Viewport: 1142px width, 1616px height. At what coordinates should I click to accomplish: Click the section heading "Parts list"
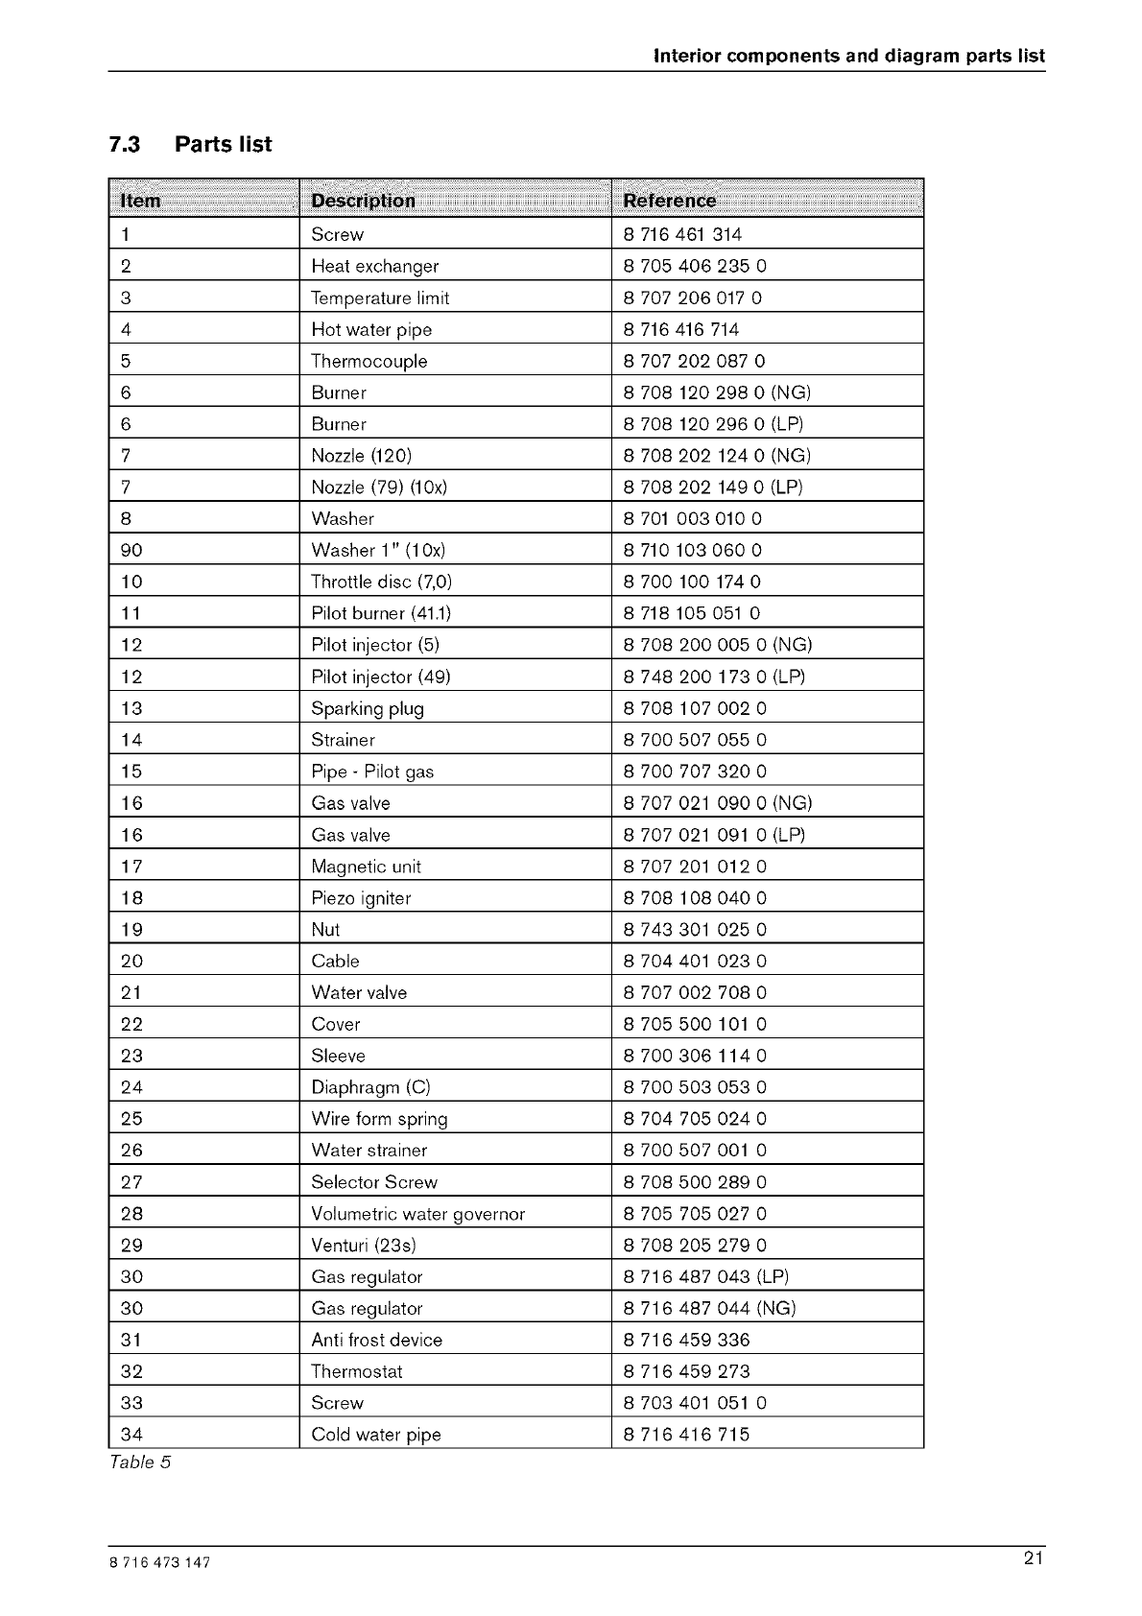click(x=223, y=145)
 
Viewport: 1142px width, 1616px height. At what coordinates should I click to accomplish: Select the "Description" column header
click(x=363, y=201)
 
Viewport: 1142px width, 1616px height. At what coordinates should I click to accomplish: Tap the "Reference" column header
click(x=669, y=201)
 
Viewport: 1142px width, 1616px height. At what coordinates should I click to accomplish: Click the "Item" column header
click(x=141, y=201)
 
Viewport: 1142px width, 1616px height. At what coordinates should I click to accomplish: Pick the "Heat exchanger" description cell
click(x=374, y=266)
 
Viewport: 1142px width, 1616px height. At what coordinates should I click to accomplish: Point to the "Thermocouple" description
click(x=369, y=361)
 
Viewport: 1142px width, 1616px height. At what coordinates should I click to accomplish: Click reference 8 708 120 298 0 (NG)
click(x=717, y=392)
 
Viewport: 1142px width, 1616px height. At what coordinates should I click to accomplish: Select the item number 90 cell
click(x=131, y=550)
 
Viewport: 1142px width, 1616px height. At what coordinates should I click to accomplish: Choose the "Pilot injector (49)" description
click(x=381, y=677)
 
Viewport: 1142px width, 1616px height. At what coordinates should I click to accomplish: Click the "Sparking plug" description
click(x=368, y=708)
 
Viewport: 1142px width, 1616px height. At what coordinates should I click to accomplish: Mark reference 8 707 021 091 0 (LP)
click(x=714, y=835)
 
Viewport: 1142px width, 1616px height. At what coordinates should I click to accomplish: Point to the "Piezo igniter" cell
click(x=361, y=898)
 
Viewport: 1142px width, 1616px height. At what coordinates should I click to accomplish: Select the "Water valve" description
click(x=359, y=992)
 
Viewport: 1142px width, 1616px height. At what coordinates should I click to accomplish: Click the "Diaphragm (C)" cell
click(x=370, y=1087)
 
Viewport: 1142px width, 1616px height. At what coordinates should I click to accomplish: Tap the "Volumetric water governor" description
click(x=417, y=1214)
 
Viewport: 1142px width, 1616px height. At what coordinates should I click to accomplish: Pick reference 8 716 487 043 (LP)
click(x=705, y=1276)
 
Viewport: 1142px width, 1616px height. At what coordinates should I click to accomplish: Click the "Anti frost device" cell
click(x=376, y=1340)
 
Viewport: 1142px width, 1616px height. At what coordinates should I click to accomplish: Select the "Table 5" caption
click(x=139, y=1462)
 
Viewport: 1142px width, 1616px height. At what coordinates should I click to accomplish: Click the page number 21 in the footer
click(x=1033, y=1559)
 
